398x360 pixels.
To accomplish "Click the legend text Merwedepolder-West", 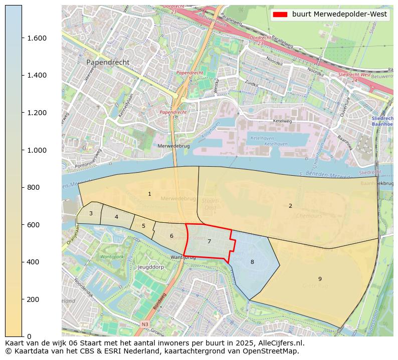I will [x=339, y=15].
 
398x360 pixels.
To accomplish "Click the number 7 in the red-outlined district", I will [x=209, y=241].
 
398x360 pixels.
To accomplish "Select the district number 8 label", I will [x=252, y=262].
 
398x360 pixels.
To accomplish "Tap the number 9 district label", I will [x=320, y=279].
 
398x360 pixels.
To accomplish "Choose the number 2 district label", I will [x=290, y=206].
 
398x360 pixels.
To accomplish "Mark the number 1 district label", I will [x=149, y=194].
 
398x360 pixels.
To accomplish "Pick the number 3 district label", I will [x=91, y=213].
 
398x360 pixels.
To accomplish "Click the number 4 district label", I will [x=116, y=217].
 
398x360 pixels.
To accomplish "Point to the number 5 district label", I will [x=143, y=226].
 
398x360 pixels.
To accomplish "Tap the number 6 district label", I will [x=171, y=236].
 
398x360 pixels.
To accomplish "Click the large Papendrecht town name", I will [x=108, y=62].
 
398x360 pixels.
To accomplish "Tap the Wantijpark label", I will [x=112, y=256].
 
